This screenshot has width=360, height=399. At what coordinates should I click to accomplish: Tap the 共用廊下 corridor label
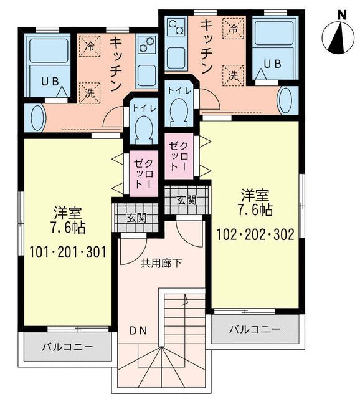(x=161, y=263)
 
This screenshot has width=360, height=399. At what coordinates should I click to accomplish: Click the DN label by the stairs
(x=138, y=331)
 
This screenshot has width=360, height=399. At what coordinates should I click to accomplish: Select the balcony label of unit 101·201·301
(x=68, y=347)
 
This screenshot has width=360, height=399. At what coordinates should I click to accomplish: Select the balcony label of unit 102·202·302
(x=253, y=329)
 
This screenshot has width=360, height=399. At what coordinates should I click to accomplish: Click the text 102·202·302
(x=255, y=236)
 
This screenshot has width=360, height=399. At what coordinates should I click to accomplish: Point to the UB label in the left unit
(x=50, y=82)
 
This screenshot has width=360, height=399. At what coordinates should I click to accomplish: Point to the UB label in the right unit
(x=273, y=64)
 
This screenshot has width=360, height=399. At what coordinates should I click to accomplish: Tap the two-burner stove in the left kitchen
(x=146, y=45)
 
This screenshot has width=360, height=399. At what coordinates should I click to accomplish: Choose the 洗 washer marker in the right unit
(x=233, y=76)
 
